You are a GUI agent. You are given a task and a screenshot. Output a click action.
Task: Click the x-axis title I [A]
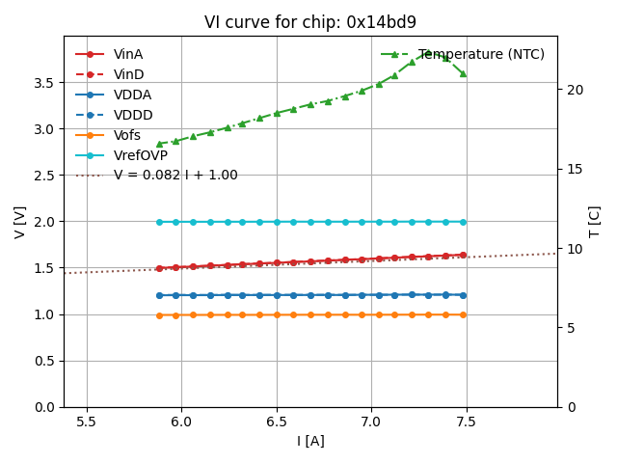pyautogui.click(x=310, y=441)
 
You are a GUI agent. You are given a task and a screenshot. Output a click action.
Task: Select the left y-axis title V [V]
pyautogui.click(x=20, y=222)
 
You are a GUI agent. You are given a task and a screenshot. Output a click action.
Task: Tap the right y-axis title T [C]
pyautogui.click(x=595, y=222)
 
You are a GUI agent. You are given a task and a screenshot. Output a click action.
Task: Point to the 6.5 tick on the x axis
pyautogui.click(x=277, y=422)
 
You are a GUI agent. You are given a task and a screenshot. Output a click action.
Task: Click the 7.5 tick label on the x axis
pyautogui.click(x=467, y=422)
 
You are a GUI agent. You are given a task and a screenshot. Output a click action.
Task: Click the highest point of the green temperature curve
pyautogui.click(x=429, y=53)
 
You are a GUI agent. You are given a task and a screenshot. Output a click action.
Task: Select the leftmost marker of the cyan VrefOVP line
pyautogui.click(x=159, y=222)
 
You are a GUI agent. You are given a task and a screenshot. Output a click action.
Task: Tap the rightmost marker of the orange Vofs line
pyautogui.click(x=463, y=314)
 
